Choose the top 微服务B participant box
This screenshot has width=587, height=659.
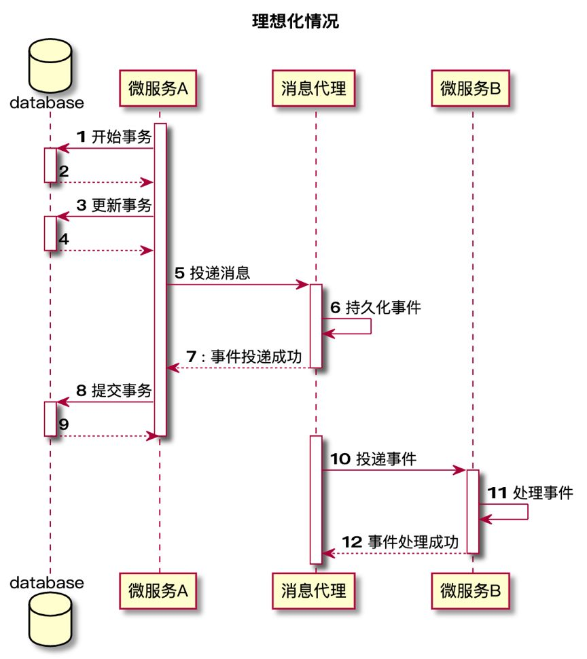click(x=471, y=88)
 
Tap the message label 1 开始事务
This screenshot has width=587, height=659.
click(x=113, y=137)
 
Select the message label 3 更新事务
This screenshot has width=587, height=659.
click(x=113, y=205)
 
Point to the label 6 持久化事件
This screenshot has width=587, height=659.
click(x=375, y=307)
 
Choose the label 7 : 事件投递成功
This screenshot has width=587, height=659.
click(x=244, y=356)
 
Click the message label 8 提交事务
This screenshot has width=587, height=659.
click(x=113, y=391)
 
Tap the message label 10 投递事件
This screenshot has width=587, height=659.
click(x=373, y=459)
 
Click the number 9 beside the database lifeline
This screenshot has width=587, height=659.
click(x=63, y=424)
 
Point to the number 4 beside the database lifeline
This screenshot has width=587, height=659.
click(x=63, y=239)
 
